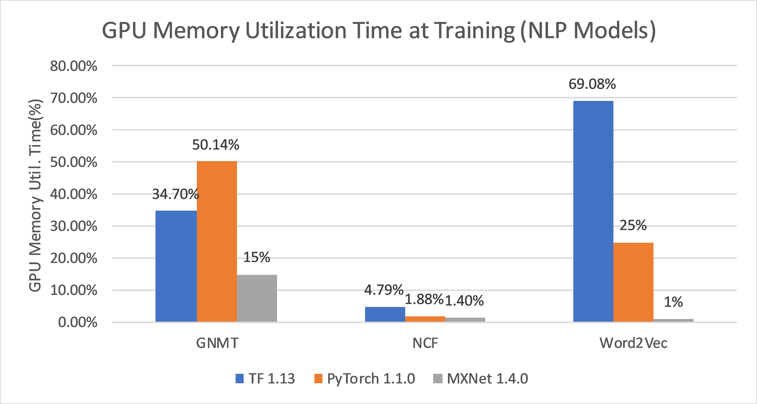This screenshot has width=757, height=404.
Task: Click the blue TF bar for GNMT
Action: (176, 266)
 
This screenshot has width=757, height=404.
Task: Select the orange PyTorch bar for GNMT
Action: (217, 241)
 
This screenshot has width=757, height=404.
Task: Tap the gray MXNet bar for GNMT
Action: (257, 298)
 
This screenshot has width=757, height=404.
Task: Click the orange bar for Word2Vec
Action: (633, 282)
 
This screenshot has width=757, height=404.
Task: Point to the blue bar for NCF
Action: (385, 314)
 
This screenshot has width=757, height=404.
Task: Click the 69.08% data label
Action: (592, 84)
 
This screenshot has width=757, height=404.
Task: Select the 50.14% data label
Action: (216, 145)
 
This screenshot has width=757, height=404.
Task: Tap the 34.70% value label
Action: (175, 194)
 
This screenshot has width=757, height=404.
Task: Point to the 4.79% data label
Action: (383, 290)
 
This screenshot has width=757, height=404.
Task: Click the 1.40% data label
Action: (464, 301)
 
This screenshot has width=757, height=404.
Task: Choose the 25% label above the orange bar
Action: (633, 225)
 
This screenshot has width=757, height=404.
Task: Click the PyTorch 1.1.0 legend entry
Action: (365, 378)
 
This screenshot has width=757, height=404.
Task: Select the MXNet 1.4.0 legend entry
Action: (481, 378)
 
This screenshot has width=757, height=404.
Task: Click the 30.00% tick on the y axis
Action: (74, 226)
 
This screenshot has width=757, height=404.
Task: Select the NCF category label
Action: (425, 343)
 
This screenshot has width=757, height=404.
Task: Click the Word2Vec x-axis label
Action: (633, 343)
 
